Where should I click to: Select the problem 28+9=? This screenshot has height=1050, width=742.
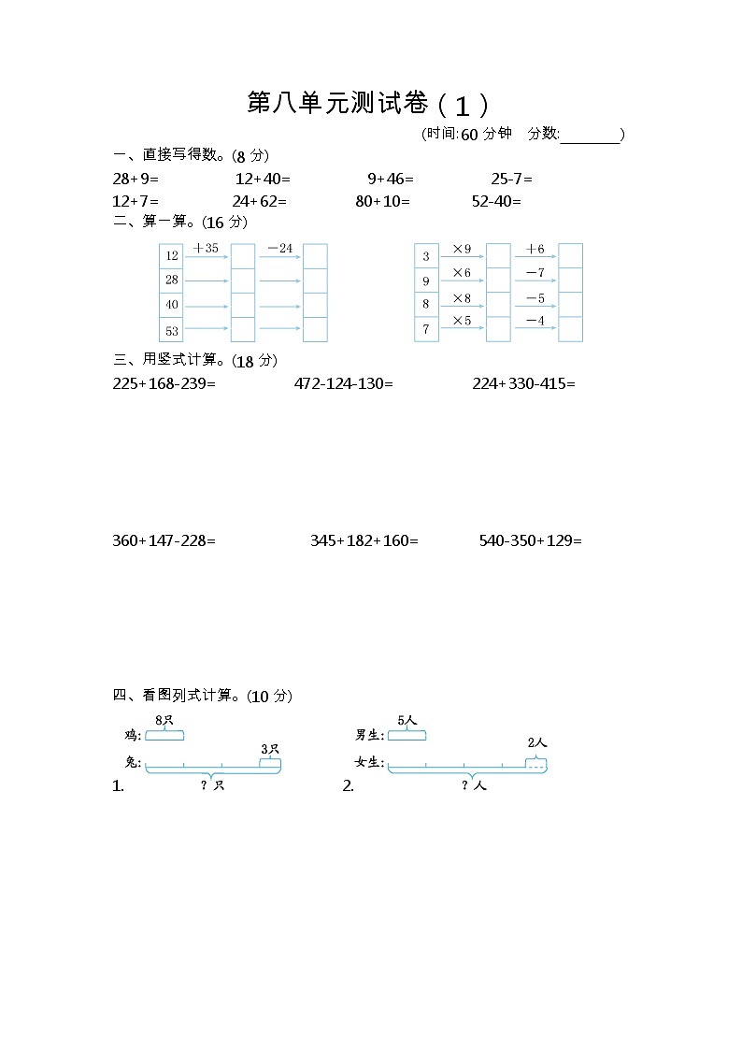click(x=136, y=178)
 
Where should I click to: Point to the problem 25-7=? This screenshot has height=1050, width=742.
click(x=512, y=178)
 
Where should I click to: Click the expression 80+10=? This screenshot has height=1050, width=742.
click(x=383, y=200)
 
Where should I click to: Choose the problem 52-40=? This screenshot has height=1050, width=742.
click(x=497, y=200)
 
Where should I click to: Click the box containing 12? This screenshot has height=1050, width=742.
click(x=171, y=255)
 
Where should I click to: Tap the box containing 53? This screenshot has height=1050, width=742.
click(x=171, y=330)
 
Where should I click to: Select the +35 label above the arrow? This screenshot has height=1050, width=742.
click(x=206, y=249)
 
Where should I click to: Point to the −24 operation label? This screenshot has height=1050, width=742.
click(x=279, y=249)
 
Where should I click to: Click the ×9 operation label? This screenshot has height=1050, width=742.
click(x=462, y=249)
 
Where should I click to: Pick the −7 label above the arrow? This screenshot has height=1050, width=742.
click(x=535, y=272)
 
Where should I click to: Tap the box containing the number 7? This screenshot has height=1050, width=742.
click(x=426, y=329)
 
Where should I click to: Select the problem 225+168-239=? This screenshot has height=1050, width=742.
click(x=164, y=383)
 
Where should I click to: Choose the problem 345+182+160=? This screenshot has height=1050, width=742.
click(x=364, y=540)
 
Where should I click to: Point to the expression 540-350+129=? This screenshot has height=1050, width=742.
click(x=531, y=540)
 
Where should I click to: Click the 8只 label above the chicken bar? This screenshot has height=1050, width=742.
click(x=164, y=719)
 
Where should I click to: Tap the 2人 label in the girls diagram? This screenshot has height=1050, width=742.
click(x=537, y=742)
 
